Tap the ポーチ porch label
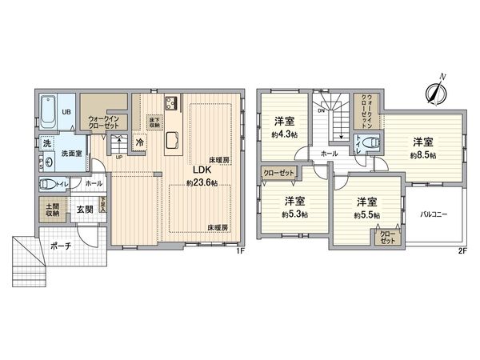pos(58,246)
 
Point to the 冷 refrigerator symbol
pos(140,142)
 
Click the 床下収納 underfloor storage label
pos(154,122)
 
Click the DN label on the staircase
pos(322,112)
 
